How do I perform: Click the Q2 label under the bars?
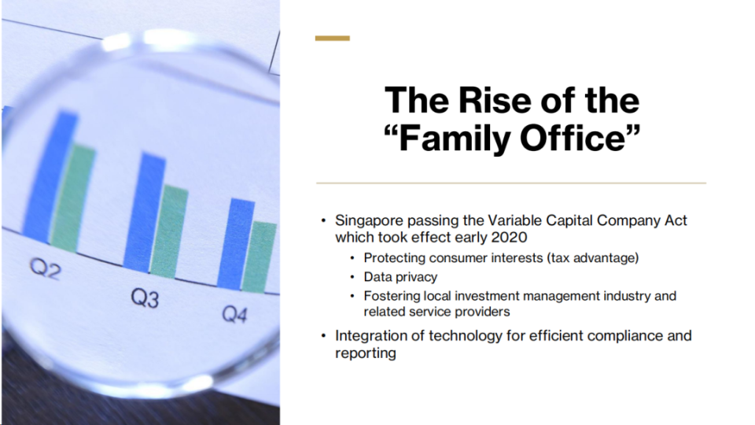pos(46,268)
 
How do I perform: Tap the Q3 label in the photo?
pos(145,297)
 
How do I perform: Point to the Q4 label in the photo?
pos(234,314)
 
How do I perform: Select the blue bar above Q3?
pos(144,211)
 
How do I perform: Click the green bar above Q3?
pos(169,231)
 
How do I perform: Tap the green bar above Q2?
pos(72,198)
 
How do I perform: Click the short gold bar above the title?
pos(332,38)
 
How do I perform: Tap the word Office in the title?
pos(573,139)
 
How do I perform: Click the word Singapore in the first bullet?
pos(369,221)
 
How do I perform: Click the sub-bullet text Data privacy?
pos(400,277)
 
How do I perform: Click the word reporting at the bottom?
pos(366,353)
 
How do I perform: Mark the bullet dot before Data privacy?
pos(352,277)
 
